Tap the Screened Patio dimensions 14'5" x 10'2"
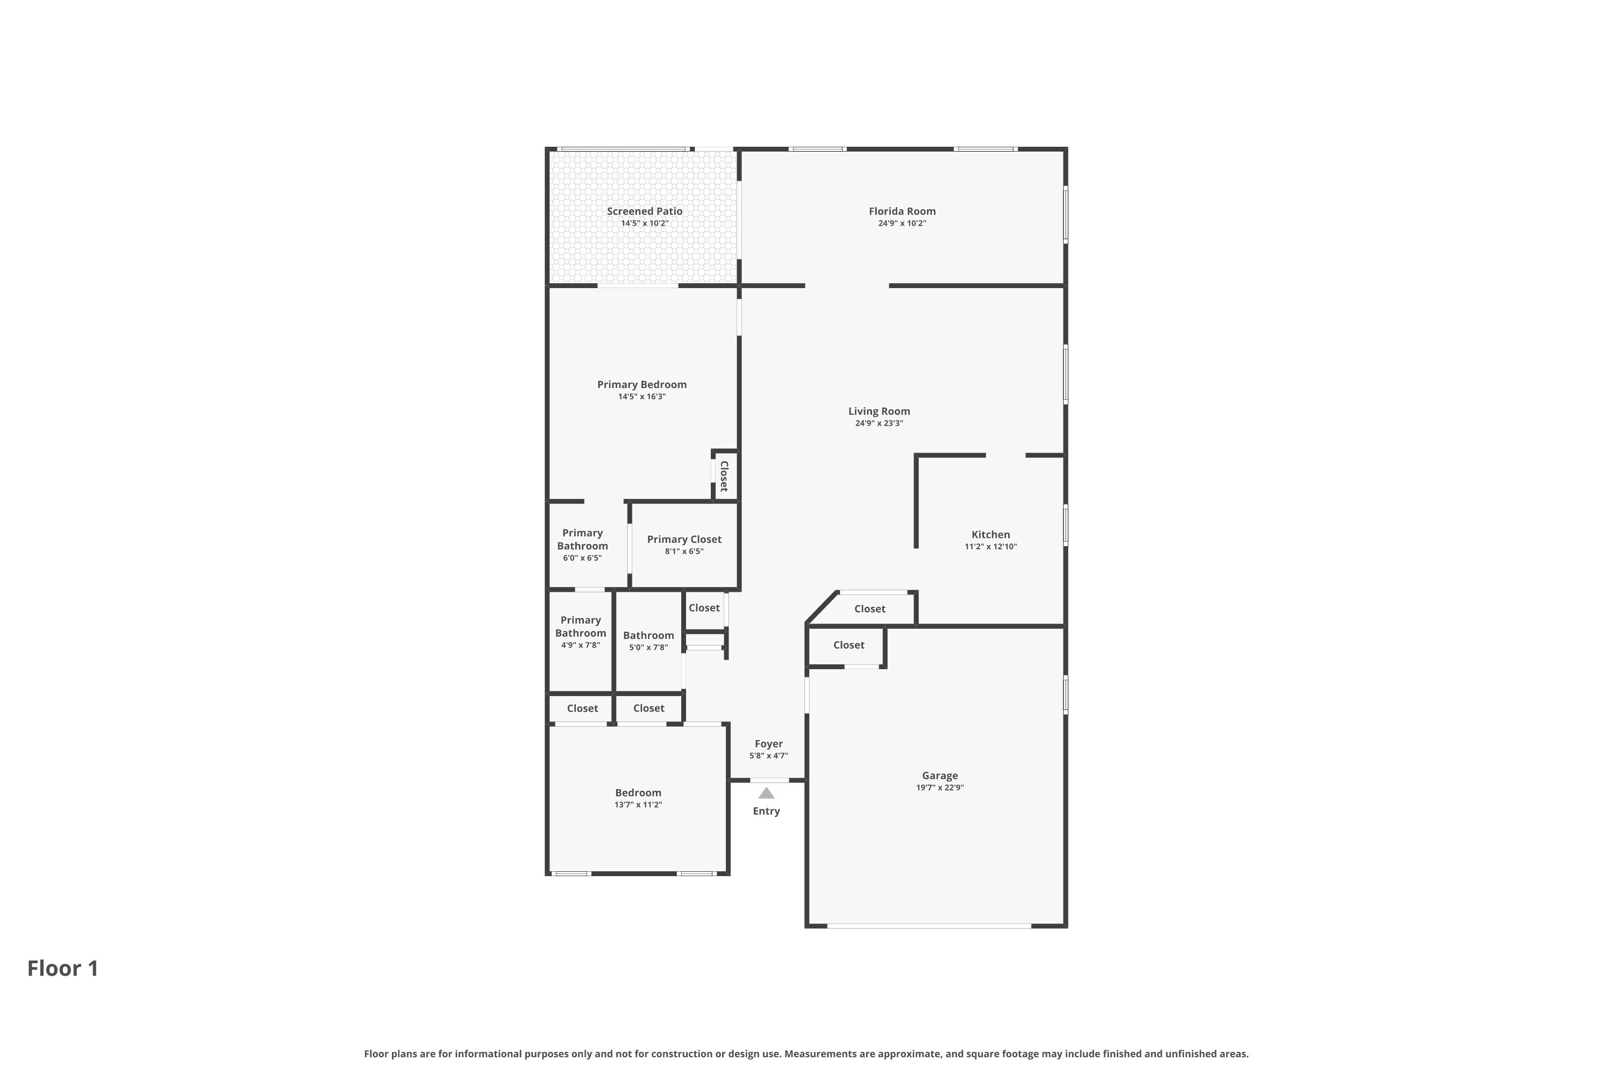pyautogui.click(x=645, y=224)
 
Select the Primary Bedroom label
pyautogui.click(x=642, y=385)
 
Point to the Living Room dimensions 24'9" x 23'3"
pyautogui.click(x=879, y=424)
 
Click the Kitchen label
pyautogui.click(x=990, y=535)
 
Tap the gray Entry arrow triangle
pyautogui.click(x=766, y=793)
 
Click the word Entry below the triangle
pyautogui.click(x=766, y=811)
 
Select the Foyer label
pyautogui.click(x=768, y=744)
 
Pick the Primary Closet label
pyautogui.click(x=684, y=540)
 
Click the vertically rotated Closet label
pyautogui.click(x=724, y=476)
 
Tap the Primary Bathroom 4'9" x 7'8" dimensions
pyautogui.click(x=580, y=645)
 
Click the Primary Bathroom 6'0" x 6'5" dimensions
pyautogui.click(x=582, y=558)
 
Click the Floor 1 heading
pyautogui.click(x=63, y=968)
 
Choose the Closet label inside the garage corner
pyautogui.click(x=848, y=645)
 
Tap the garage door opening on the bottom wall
pyautogui.click(x=929, y=926)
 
